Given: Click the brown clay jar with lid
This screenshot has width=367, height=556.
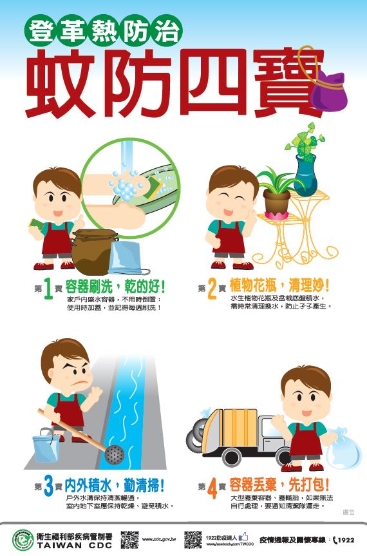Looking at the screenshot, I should (93, 251).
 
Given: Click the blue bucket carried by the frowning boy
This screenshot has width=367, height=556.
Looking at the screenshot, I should (46, 448).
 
